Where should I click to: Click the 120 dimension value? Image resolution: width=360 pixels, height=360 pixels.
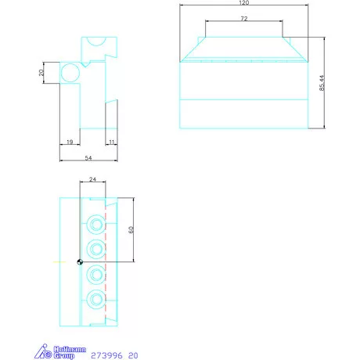tap(244, 2)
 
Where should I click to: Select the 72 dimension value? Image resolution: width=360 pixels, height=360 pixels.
tap(244, 19)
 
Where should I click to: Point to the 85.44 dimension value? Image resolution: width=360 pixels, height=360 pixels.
tap(322, 83)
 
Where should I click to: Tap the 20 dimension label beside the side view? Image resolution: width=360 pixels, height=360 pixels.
tap(41, 73)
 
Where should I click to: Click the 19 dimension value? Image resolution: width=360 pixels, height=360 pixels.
tap(70, 142)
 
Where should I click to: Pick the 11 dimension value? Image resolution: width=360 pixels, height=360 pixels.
tap(112, 142)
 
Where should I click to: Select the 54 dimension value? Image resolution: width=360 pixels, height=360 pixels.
tap(88, 158)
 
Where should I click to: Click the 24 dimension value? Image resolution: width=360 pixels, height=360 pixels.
tap(92, 179)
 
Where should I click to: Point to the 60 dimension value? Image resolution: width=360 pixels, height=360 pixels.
tap(131, 230)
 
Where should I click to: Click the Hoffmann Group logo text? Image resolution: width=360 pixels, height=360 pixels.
tap(70, 352)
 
